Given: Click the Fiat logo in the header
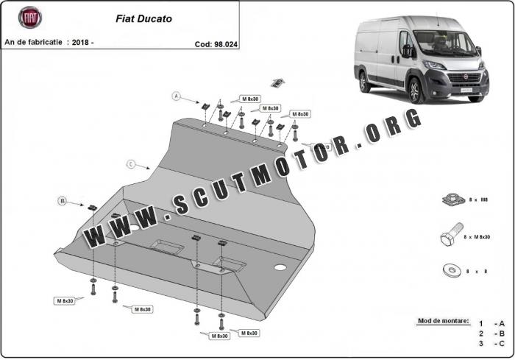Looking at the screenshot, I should tap(30, 18).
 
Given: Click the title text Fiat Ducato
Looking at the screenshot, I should tap(144, 18).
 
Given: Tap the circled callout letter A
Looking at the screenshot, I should tap(177, 96).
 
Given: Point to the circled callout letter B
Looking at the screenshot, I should tap(63, 200).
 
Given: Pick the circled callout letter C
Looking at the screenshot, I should tap(131, 163).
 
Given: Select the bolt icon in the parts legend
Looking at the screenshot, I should tap(450, 236).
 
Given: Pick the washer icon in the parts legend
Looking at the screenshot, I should tap(450, 270).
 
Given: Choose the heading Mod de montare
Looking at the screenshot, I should tap(443, 322).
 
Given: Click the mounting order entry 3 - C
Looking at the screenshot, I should tap(491, 343).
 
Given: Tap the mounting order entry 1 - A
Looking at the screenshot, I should tap(491, 323).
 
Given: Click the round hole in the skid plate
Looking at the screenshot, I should tap(280, 267).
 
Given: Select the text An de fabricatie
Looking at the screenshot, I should tap(33, 43).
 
